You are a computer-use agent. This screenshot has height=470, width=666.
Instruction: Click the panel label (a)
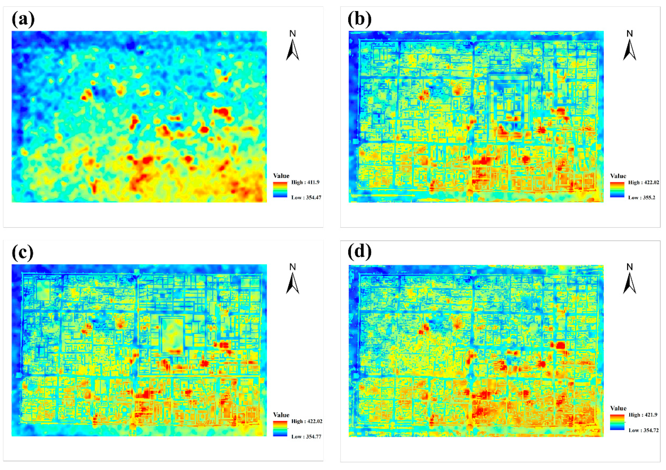click(23, 20)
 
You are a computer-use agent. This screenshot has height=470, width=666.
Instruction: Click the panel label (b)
click(359, 20)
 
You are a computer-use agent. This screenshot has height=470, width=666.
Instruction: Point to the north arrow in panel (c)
click(292, 283)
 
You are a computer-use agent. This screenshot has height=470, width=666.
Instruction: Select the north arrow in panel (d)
click(629, 283)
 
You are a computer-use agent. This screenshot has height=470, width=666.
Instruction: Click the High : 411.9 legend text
click(305, 182)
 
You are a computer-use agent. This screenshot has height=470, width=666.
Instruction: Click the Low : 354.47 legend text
click(306, 198)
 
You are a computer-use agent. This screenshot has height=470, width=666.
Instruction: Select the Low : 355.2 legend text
click(642, 198)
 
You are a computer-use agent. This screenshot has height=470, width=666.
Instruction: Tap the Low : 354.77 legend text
click(306, 437)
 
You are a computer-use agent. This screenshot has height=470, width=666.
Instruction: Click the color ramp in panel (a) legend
click(280, 190)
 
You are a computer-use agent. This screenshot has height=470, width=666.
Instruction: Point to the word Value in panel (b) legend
click(618, 176)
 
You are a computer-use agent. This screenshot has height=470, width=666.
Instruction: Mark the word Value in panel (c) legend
click(281, 415)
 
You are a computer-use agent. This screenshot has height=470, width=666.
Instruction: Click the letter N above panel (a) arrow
click(292, 34)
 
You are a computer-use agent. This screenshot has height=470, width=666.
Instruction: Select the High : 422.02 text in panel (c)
click(307, 421)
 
